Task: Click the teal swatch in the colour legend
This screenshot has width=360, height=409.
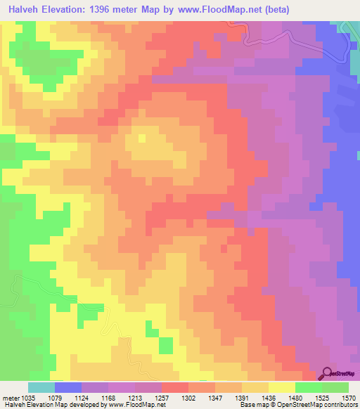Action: pos(41,387)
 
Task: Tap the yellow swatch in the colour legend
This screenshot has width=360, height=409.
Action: pos(281,387)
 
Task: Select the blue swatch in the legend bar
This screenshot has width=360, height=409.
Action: pos(67,387)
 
